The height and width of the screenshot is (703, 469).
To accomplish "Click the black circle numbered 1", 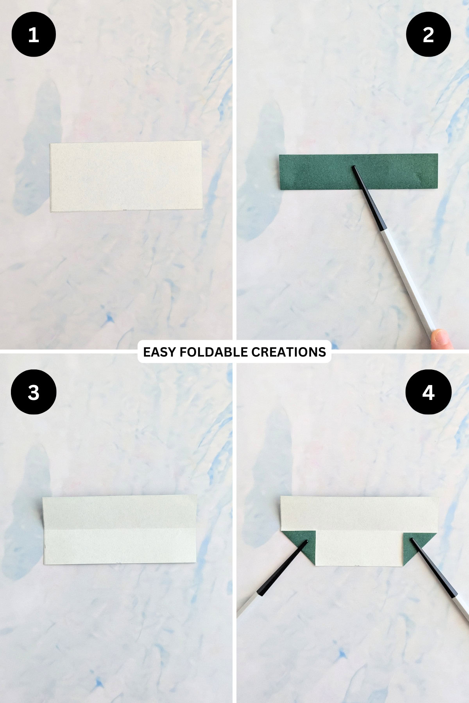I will pos(34,34).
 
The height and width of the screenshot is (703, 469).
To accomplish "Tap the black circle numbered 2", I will pos(428,34).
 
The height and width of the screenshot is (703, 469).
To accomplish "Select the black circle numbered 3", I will pos(34,392).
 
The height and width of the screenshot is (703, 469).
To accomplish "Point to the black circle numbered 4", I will pos(428,392).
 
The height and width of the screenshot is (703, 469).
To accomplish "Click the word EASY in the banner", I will pos(159,352).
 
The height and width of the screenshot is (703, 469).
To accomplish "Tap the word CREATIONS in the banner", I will pos(288,352).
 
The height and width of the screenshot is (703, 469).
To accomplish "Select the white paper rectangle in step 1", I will pos(126,176).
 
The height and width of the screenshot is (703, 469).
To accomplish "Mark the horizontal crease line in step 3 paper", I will pos(119,529).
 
